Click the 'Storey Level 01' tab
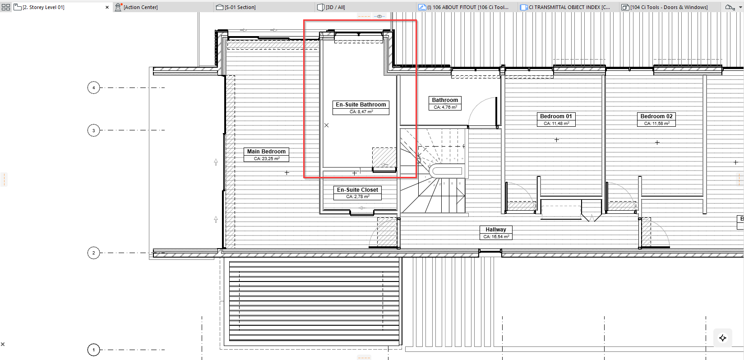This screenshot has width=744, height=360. tap(43, 7)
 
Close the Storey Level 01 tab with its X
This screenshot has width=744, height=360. tap(107, 7)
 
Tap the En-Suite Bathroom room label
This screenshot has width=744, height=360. tap(360, 108)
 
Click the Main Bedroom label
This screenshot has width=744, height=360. tap(266, 155)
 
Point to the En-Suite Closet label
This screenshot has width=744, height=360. tap(357, 193)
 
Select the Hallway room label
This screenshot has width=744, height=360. tap(496, 233)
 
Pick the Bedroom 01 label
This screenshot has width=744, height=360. tap(556, 120)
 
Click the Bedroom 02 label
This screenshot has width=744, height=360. tap(656, 120)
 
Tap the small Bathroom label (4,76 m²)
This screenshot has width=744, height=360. tap(445, 103)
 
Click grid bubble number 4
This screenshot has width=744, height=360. tap(94, 88)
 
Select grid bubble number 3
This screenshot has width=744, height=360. tap(94, 130)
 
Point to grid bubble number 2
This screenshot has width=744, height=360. tap(94, 253)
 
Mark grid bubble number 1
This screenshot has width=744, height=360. tap(94, 350)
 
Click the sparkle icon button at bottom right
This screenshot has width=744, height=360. tap(723, 338)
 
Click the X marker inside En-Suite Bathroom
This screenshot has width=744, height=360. tap(327, 125)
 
